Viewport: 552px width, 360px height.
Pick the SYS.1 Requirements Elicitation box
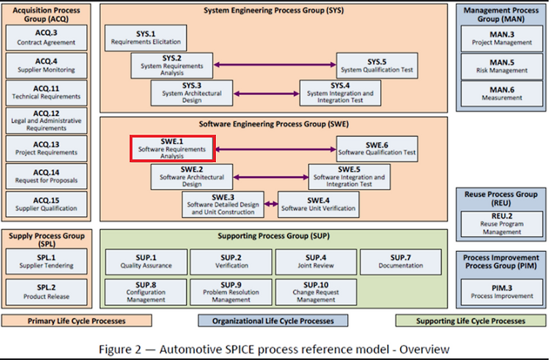(146, 38)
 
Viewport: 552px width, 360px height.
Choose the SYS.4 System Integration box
(340, 93)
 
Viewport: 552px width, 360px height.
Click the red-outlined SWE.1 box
(172, 148)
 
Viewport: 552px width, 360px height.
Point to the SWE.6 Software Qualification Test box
(377, 148)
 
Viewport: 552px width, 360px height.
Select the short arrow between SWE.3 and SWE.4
(270, 203)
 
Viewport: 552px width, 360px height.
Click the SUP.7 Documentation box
(401, 261)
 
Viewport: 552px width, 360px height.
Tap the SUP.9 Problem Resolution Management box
(231, 292)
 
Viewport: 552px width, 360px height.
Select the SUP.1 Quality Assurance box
(146, 261)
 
